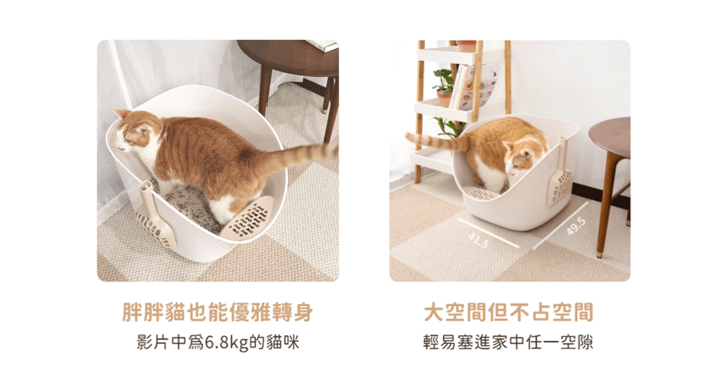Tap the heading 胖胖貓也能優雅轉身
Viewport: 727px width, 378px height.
point(217,312)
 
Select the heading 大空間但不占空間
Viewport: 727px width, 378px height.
point(509,312)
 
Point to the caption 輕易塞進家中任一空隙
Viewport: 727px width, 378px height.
point(509,342)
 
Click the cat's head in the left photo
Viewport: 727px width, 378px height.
point(136,134)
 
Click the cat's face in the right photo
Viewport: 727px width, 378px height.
point(519,161)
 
